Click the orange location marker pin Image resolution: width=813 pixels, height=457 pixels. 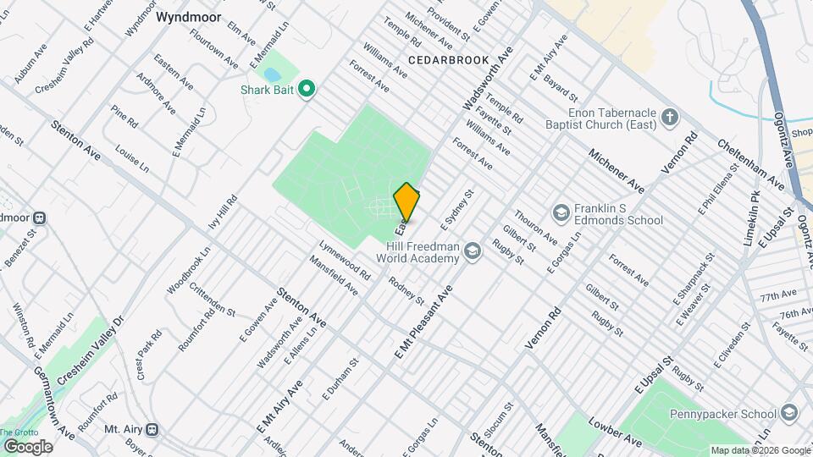(x=406, y=201)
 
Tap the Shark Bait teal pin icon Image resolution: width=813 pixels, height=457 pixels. (x=308, y=88)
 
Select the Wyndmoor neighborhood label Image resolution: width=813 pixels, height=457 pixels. (x=188, y=16)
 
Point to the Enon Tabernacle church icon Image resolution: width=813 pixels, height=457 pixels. (x=669, y=116)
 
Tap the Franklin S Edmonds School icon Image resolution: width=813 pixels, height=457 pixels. (x=560, y=212)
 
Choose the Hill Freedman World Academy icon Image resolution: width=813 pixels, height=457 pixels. (x=472, y=249)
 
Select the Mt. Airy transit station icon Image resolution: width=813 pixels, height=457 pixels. (x=152, y=429)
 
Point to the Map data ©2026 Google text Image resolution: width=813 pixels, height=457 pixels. (x=760, y=450)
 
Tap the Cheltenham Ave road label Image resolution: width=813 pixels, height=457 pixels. (x=749, y=165)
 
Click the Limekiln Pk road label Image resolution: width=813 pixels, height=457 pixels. (x=752, y=224)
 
